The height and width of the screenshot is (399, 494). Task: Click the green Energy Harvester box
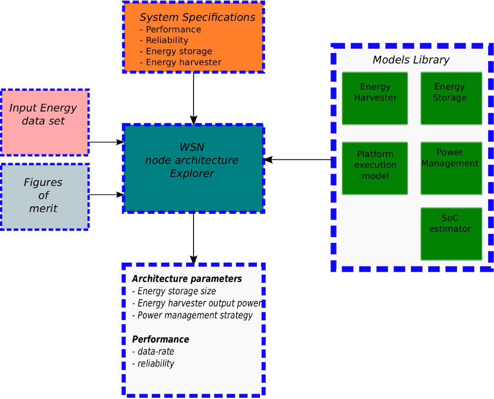coord(375,98)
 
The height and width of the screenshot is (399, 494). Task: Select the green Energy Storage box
coord(451,98)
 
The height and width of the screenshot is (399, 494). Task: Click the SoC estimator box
coord(451,234)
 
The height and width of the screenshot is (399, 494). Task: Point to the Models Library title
coord(410,60)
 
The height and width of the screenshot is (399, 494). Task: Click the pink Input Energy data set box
coord(44,122)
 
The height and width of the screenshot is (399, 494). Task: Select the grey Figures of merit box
coord(44,196)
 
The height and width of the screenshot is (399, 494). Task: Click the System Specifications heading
coord(197,18)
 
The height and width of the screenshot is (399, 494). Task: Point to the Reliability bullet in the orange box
coord(164,40)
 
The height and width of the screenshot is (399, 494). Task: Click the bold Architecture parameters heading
coord(187,279)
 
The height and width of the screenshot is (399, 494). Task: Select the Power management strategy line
coord(192,316)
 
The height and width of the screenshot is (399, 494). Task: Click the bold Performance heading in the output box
coord(161,340)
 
